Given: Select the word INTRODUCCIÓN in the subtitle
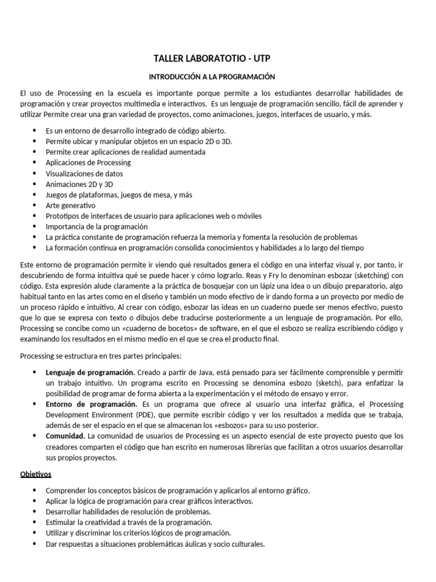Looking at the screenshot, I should click(x=177, y=76).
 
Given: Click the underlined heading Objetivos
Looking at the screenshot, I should click(x=36, y=473).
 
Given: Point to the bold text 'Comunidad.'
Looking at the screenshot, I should click(x=65, y=436).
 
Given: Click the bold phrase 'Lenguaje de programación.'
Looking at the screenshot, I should click(x=90, y=372).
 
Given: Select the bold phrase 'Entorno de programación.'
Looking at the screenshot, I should click(x=91, y=404).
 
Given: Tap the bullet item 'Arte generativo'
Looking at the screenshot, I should click(x=70, y=205).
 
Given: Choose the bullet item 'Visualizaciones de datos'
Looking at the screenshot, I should click(x=84, y=173).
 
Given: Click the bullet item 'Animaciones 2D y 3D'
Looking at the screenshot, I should click(x=79, y=184).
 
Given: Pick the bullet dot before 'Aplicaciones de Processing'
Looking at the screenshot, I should click(x=35, y=163).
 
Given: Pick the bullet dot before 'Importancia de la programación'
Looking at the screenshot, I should click(x=35, y=227).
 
